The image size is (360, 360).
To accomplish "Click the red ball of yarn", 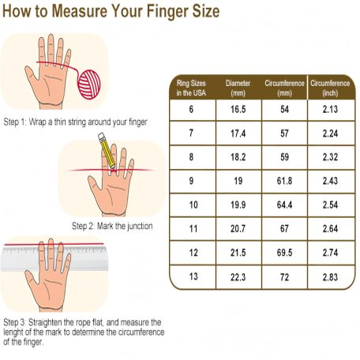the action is coord(89,84).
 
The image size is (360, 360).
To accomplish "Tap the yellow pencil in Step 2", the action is coord(107,151).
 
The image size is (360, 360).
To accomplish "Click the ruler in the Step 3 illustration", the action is coord(54,258).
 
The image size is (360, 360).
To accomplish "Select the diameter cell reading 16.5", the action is coord(238,110).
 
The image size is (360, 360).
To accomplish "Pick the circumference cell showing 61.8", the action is coord(284,181).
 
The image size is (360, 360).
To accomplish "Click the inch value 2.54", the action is coord(330,205).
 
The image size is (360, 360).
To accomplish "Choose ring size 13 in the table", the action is coord(193,276).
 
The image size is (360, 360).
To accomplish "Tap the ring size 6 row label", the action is coord(191,109).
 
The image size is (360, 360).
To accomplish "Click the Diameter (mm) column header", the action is coord(238,88).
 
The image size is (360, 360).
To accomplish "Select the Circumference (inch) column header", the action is coord(330,88).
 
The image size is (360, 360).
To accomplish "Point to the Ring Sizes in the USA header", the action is coord(191,88).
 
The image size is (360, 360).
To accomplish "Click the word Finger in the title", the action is coord(167,11).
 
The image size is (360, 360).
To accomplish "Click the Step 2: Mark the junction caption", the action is coord(112,226).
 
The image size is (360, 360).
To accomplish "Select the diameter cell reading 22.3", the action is coord(238,277).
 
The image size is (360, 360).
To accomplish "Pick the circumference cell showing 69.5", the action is coord(284,253).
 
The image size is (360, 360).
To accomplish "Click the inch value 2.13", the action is coord(330,110).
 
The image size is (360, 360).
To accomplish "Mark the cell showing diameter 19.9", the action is coord(238,205).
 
